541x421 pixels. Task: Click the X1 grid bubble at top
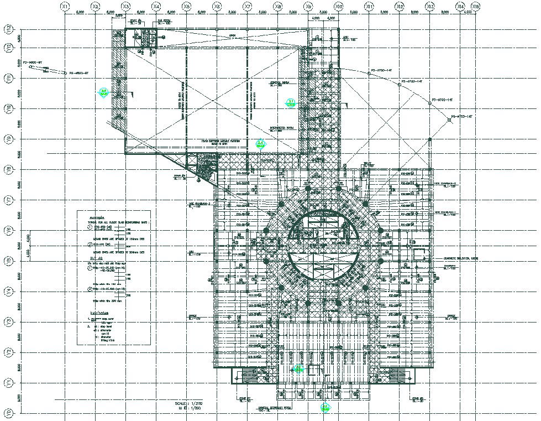(x=65, y=6)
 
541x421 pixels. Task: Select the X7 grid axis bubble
(x=248, y=6)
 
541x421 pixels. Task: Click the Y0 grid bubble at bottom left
(x=8, y=412)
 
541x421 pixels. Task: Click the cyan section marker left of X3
(x=103, y=92)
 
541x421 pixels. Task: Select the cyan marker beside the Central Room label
(x=290, y=102)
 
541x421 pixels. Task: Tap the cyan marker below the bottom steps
(x=325, y=408)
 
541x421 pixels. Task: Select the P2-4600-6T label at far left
(x=32, y=63)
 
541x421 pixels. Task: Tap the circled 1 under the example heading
(x=90, y=227)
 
